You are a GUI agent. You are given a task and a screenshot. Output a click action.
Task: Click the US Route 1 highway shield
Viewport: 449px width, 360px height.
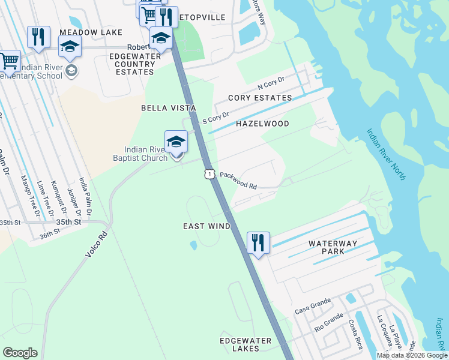coord(208,174)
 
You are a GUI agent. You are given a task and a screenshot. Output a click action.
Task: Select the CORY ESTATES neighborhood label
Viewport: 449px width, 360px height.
coord(260,98)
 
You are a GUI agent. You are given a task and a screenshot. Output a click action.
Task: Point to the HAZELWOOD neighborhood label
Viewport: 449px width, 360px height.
coord(262,124)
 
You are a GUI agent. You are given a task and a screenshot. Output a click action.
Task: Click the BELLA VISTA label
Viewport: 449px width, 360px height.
coord(169,108)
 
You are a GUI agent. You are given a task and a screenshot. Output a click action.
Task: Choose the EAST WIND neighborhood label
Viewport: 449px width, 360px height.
coord(207,226)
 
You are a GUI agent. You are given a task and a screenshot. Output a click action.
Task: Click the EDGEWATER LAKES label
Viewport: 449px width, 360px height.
coord(246,345)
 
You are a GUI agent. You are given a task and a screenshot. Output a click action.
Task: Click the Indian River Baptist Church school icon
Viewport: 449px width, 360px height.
coord(176,142)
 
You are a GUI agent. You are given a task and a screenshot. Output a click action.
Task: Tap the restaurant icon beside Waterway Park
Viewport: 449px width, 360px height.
coord(258,243)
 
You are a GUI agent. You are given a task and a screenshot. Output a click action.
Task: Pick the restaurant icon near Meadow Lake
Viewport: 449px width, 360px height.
coord(38,37)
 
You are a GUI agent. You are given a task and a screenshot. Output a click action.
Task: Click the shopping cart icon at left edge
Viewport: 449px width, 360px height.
coord(8,61)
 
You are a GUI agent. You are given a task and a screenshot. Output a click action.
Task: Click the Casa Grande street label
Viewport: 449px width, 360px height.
coord(312,307)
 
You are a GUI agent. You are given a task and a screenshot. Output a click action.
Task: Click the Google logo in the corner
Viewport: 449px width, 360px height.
coord(20,353)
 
